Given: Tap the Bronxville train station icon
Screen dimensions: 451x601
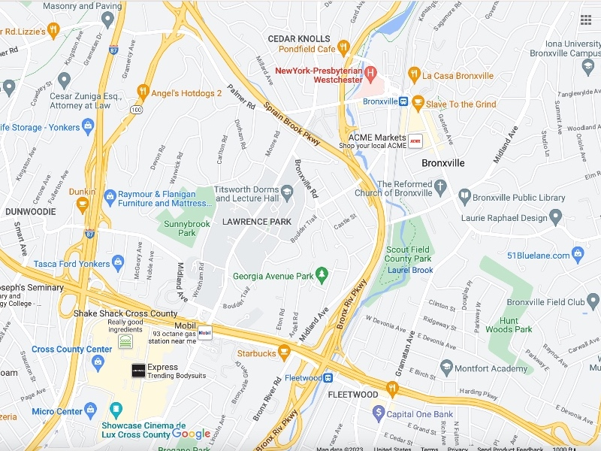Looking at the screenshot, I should point(403,101).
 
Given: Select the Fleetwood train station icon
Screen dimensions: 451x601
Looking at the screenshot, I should point(328,377).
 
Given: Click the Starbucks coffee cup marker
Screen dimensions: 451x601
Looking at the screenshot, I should point(283,351).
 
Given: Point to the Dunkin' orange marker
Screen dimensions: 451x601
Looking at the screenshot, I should point(83,203).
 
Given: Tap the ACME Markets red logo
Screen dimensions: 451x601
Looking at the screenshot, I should point(414,140).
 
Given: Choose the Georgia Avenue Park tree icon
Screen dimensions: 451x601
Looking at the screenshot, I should point(322,275).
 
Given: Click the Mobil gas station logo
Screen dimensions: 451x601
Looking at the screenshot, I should point(204,331).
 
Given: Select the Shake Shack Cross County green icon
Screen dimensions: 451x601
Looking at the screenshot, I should point(125,342).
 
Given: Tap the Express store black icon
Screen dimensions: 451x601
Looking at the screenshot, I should point(138,371).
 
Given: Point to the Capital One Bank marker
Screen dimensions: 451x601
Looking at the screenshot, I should point(379,413).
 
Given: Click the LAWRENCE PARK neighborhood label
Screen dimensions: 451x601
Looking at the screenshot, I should point(256,222).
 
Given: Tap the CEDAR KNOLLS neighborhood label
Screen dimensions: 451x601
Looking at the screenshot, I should point(299,38).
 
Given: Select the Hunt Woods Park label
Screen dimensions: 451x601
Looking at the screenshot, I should point(509,325).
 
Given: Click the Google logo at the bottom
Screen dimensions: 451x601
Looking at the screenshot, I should point(191,434).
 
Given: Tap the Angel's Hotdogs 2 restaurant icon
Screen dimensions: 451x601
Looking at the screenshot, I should point(142,92).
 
